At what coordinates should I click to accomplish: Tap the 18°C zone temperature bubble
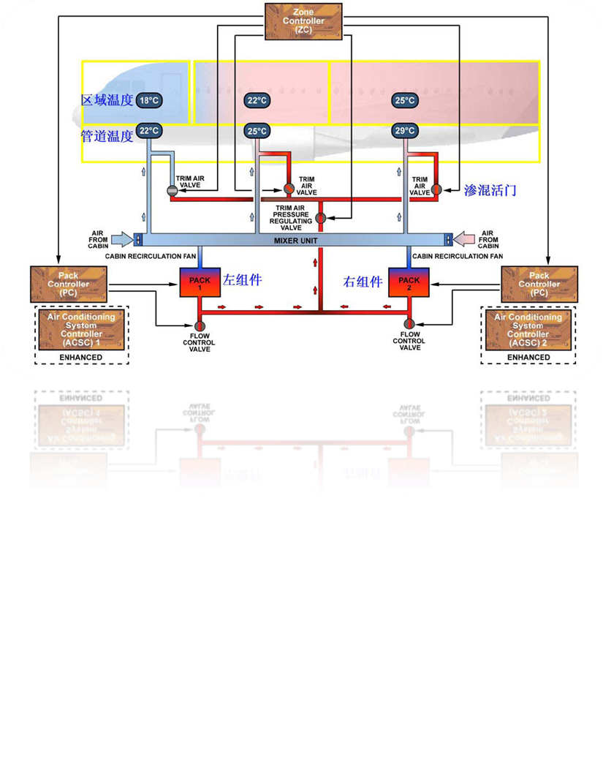[149, 101]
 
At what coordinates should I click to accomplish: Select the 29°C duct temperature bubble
[404, 131]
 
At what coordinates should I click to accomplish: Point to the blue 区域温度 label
[107, 101]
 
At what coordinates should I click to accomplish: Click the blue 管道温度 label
[107, 135]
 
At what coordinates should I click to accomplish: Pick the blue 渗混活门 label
[490, 190]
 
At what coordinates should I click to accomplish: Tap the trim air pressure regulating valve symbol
[320, 217]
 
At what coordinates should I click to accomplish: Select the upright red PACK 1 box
[200, 282]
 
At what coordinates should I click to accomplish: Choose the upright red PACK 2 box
[409, 282]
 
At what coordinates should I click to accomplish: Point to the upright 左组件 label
[243, 280]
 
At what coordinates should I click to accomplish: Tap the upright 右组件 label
[363, 282]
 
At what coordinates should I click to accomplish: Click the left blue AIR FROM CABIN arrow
[122, 238]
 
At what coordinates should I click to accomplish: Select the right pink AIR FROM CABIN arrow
[465, 238]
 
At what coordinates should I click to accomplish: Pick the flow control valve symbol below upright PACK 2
[409, 324]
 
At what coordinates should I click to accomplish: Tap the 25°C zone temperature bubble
[404, 101]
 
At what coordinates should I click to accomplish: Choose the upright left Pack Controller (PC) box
[69, 284]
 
